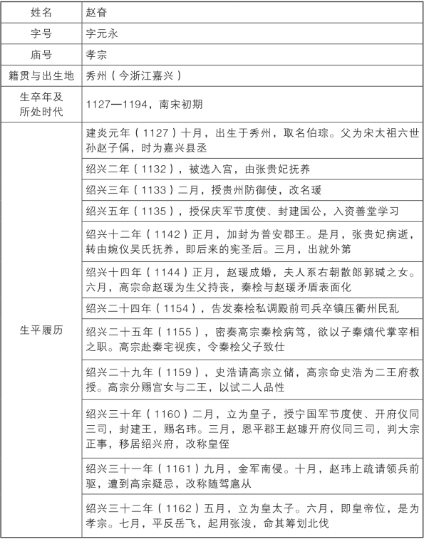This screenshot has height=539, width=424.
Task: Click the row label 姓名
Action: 41,13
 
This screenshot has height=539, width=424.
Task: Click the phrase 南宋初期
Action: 184,104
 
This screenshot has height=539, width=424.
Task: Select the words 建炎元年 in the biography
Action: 107,134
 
